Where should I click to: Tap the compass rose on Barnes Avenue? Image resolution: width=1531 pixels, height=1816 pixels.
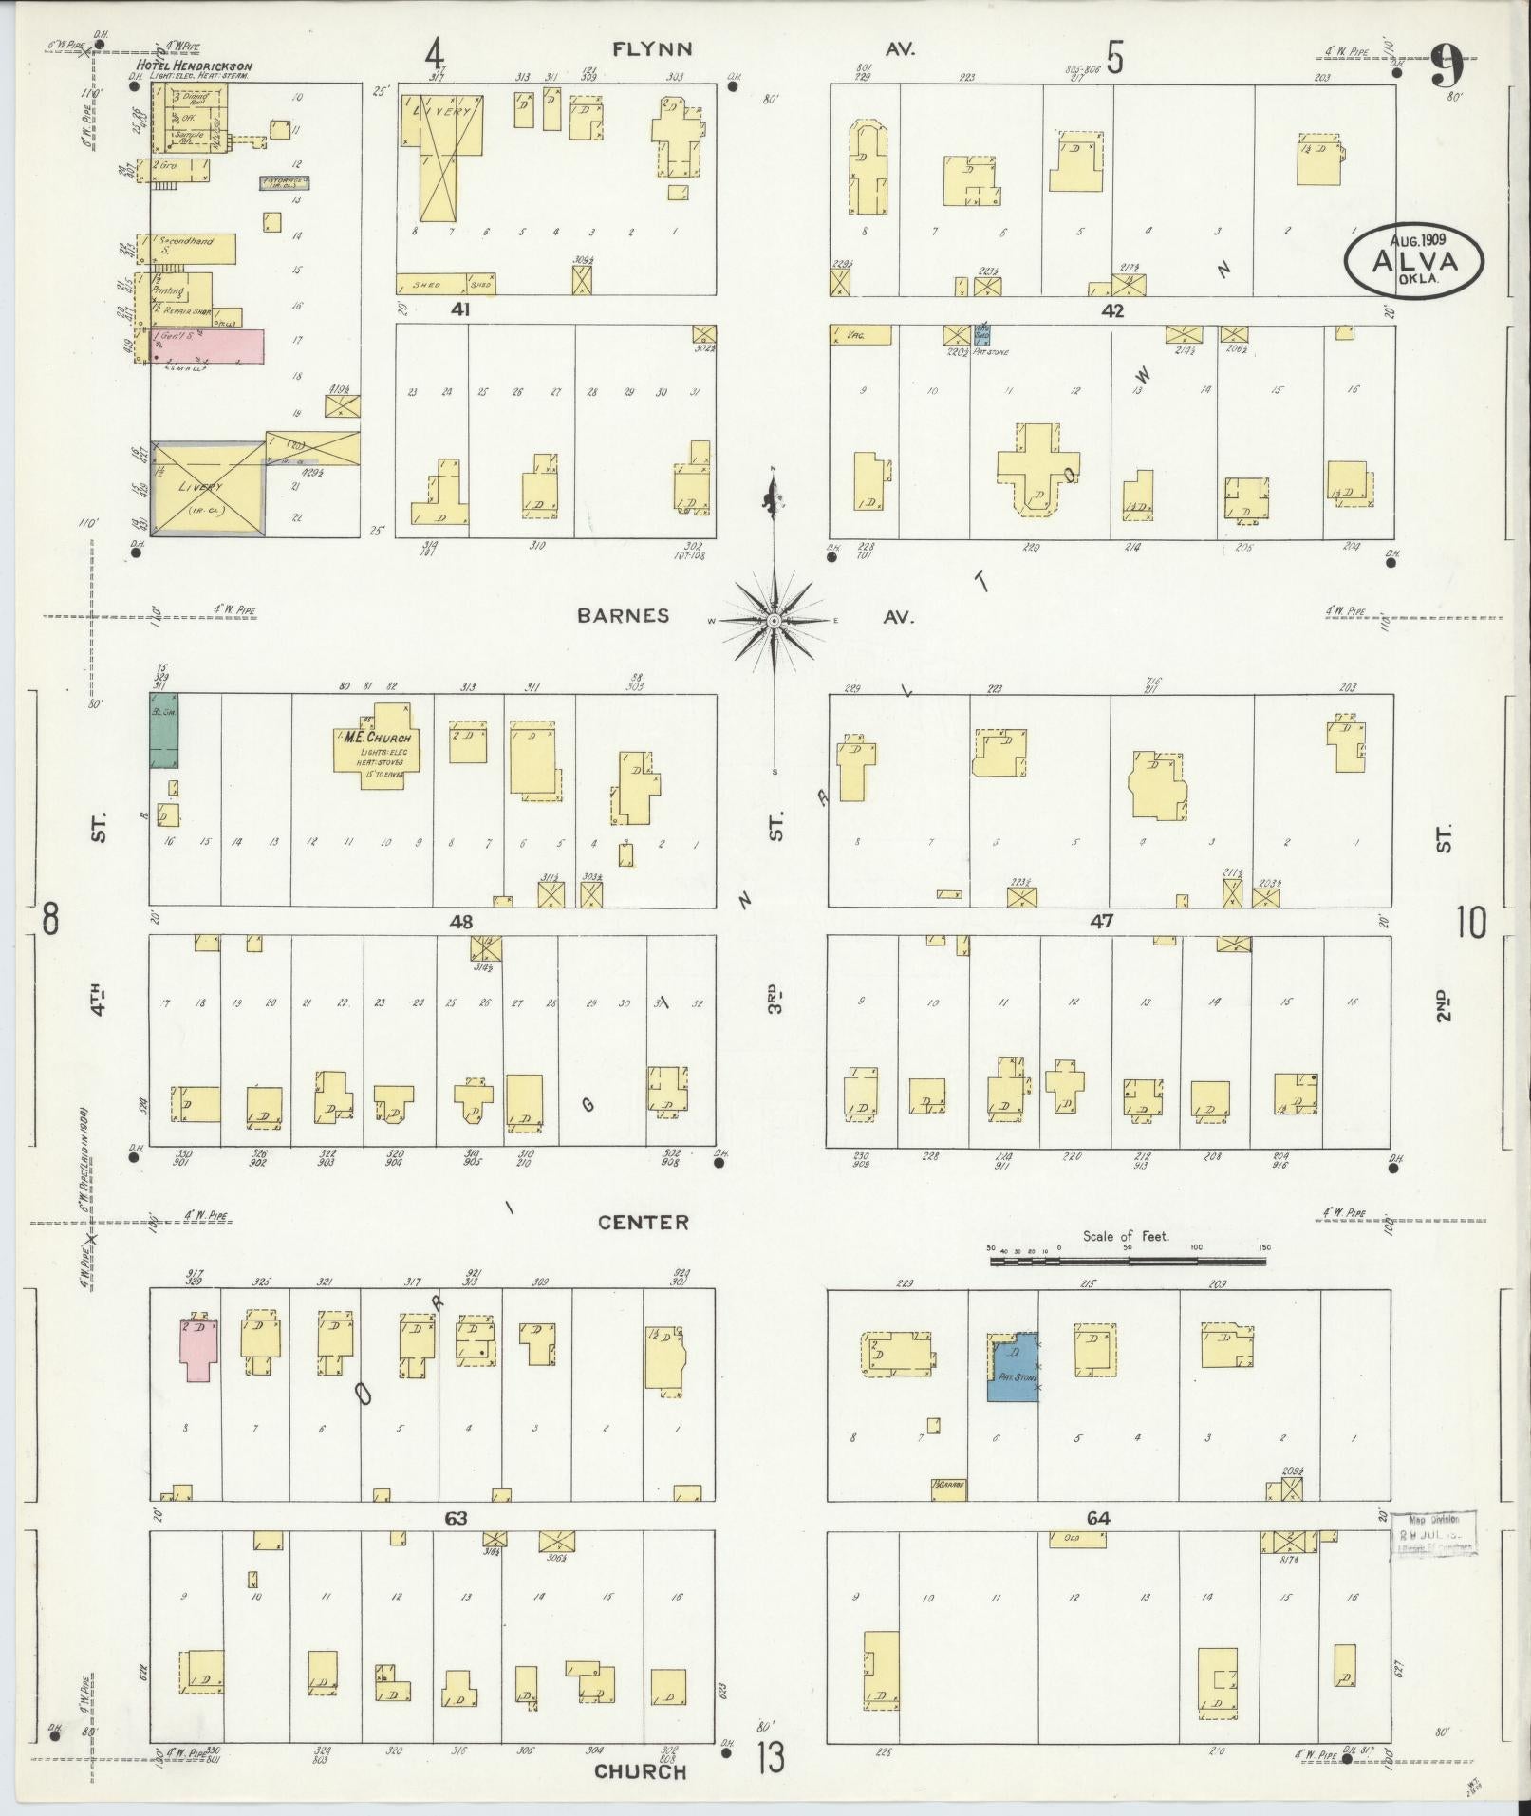tap(774, 621)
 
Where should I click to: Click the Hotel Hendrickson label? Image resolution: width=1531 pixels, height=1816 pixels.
tap(196, 66)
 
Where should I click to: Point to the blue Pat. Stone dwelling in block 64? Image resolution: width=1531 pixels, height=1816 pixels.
tap(1012, 1366)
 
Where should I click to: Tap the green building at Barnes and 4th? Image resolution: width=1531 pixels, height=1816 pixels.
tap(163, 731)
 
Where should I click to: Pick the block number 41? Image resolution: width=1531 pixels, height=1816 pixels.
tap(460, 309)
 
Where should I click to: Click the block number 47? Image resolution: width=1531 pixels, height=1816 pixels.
tap(1101, 919)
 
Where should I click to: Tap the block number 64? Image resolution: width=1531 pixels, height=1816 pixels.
tap(1097, 1518)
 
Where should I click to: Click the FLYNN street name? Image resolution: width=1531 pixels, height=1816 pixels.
tap(652, 50)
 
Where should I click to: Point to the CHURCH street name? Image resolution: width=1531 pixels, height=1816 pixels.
tap(640, 1771)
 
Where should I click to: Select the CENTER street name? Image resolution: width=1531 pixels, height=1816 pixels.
tap(644, 1223)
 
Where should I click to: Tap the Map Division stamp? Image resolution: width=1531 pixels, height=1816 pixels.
tap(1434, 1534)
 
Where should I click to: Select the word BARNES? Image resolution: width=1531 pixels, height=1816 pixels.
tap(624, 616)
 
